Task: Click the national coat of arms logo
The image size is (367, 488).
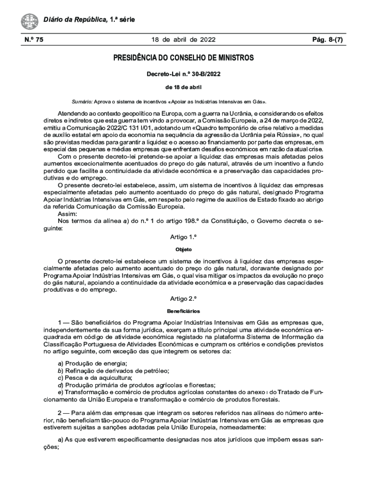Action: pyautogui.click(x=30, y=21)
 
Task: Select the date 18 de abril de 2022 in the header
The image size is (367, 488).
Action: pyautogui.click(x=183, y=40)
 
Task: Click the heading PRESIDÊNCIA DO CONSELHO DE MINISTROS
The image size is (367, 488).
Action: pyautogui.click(x=183, y=58)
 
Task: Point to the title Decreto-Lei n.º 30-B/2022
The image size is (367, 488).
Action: pyautogui.click(x=183, y=74)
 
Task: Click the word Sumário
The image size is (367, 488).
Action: pyautogui.click(x=82, y=102)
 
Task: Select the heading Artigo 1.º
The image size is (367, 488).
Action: pyautogui.click(x=183, y=237)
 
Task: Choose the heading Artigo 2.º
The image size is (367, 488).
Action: pyautogui.click(x=183, y=299)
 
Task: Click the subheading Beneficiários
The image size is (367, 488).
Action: pyautogui.click(x=183, y=311)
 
